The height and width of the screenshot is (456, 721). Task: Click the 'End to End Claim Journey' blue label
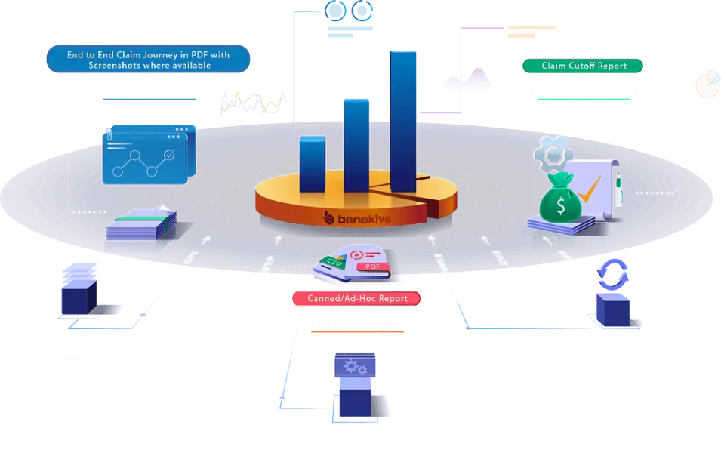[x=148, y=59]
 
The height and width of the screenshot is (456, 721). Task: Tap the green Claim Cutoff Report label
[x=584, y=66]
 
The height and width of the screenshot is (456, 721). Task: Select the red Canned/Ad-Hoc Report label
[x=357, y=298]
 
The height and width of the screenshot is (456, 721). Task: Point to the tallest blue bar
[x=403, y=121]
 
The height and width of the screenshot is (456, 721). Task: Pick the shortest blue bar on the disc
[x=312, y=165]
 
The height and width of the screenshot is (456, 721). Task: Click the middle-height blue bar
[x=357, y=143]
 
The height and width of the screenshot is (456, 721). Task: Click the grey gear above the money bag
[x=553, y=154]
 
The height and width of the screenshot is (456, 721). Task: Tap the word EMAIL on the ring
[x=441, y=264]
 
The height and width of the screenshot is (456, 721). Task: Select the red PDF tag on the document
[x=372, y=267]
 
